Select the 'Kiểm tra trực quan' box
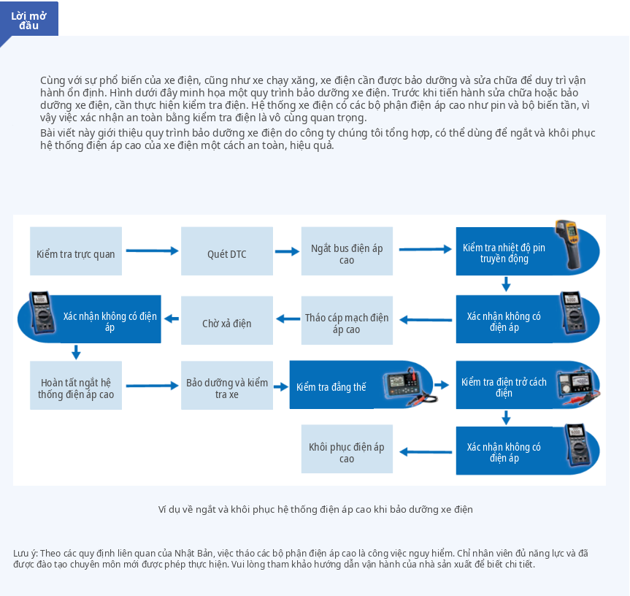pos(76,251)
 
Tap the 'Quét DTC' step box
pos(227,251)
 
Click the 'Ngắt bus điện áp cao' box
pos(347,251)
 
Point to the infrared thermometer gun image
pos(568,244)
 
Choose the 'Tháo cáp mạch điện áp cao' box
pos(347,321)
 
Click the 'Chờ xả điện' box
pos(227,321)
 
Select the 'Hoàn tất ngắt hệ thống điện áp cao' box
pos(76,386)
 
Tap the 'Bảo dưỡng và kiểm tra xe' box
pos(227,386)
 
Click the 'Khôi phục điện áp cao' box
pos(347,449)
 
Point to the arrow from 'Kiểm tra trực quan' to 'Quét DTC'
pos(152,251)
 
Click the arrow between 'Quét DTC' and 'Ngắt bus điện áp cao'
pos(288,251)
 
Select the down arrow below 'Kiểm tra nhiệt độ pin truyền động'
pos(506,283)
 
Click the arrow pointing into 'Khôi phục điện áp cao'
pos(426,453)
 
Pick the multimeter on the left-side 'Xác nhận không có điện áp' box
pos(42,313)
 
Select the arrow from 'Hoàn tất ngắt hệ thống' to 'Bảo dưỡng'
pos(152,386)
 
